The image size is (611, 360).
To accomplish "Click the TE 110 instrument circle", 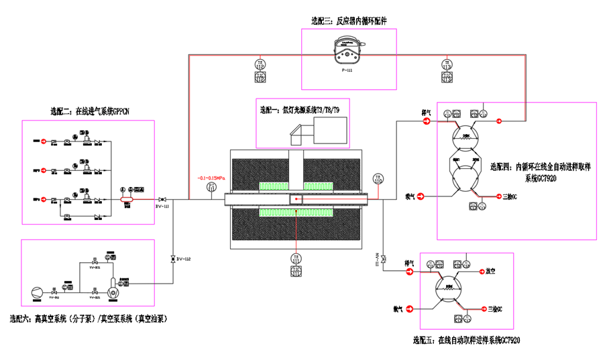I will (x=378, y=179).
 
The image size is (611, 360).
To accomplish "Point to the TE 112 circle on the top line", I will (x=260, y=65).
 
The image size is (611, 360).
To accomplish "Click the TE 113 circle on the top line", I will (x=447, y=65).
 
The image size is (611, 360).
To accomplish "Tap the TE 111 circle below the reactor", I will (x=295, y=258).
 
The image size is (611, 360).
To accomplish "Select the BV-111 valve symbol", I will (x=162, y=199).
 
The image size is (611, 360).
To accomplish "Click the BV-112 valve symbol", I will (x=173, y=258).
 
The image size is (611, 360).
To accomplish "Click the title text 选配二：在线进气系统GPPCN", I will (x=85, y=111).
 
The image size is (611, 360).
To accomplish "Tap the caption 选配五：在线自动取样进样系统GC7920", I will (x=466, y=340).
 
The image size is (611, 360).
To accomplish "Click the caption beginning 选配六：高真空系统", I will (x=87, y=320).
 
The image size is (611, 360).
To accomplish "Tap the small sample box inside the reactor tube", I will (x=296, y=199).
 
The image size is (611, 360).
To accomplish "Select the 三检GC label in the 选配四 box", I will (x=511, y=196).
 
